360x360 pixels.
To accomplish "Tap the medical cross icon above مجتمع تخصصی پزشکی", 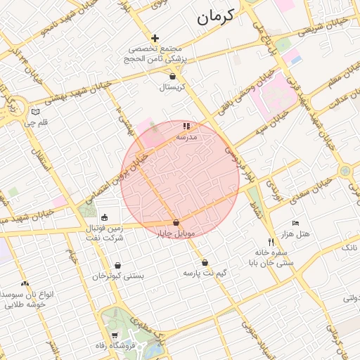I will (x=155, y=37).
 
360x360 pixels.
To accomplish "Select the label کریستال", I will (x=172, y=87).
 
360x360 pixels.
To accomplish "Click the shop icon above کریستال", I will (x=172, y=76).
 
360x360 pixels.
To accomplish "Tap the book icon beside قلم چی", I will (x=36, y=111).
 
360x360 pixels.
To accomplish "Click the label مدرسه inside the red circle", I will (x=186, y=137).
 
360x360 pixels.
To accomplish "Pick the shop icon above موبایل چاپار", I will (x=186, y=222).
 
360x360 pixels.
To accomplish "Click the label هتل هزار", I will (x=296, y=233).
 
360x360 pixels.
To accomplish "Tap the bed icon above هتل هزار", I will (x=295, y=222).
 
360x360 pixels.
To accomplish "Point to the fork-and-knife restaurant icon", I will (x=262, y=243).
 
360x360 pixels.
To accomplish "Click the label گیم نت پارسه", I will (x=205, y=272).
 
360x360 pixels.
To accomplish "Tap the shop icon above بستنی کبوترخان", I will (x=117, y=266).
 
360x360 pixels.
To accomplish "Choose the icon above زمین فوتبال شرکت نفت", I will (x=105, y=217).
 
